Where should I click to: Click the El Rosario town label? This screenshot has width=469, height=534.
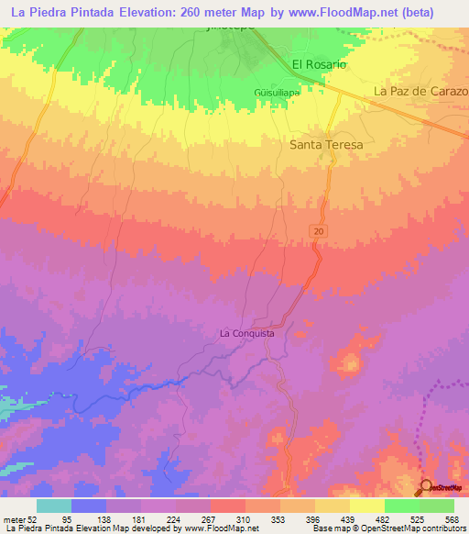(319, 65)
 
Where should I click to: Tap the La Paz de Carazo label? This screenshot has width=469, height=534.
(420, 93)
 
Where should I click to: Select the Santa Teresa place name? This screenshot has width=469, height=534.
(326, 145)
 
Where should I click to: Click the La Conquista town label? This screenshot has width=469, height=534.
(246, 334)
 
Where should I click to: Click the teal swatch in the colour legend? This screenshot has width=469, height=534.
(53, 506)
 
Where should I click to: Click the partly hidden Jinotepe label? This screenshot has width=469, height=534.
(223, 29)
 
